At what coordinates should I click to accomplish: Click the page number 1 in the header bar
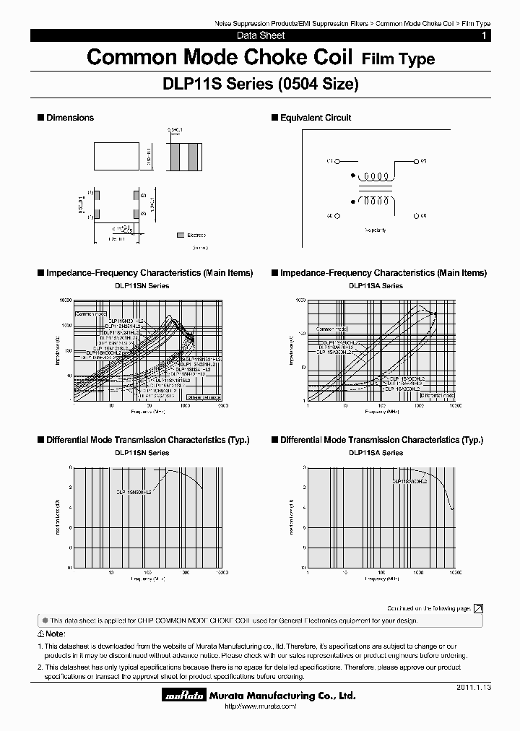484,35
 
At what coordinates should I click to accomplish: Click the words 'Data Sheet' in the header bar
261,35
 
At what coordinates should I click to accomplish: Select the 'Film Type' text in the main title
398,59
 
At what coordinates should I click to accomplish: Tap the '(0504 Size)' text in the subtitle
318,85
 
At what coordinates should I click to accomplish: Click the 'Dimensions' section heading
70,118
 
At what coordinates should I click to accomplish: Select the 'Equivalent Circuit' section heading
316,118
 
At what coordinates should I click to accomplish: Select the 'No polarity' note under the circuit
376,230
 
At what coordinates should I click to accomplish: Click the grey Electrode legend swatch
180,235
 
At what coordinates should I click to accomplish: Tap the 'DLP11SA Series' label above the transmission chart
376,453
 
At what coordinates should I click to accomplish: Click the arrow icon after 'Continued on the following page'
478,609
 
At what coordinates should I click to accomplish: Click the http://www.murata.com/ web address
256,706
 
